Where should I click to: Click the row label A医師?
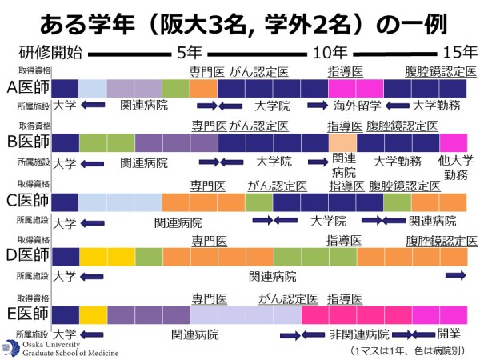click(26, 87)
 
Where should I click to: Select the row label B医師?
click(26, 143)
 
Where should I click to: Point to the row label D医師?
click(26, 256)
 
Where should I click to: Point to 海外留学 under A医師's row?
click(357, 105)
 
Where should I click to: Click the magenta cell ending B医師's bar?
click(454, 143)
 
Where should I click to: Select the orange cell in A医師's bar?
click(204, 87)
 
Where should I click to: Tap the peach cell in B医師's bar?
click(342, 143)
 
